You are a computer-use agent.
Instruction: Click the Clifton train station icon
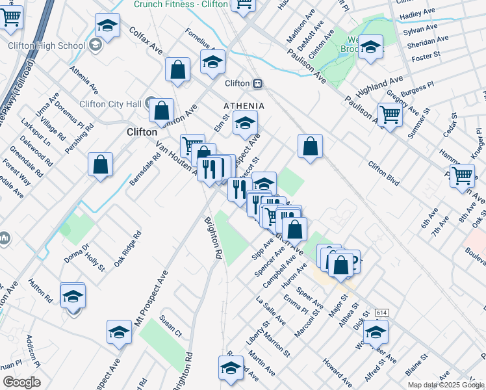click(258, 83)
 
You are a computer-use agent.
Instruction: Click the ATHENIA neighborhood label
click(244, 105)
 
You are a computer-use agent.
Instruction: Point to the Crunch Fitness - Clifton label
click(181, 4)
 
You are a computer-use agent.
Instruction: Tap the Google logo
click(21, 382)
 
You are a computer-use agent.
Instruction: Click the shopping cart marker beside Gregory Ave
click(390, 115)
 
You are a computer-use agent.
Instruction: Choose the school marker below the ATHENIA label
click(245, 123)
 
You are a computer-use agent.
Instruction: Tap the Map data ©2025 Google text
click(444, 385)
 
